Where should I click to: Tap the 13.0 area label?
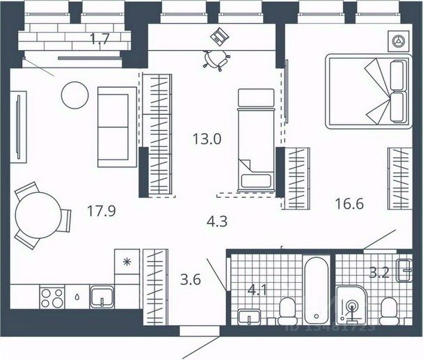(x=207, y=138)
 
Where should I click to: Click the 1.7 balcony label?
(x=100, y=39)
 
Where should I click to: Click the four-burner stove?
(x=52, y=297)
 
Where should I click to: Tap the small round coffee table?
(x=73, y=94)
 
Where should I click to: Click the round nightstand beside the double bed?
(x=399, y=40)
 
